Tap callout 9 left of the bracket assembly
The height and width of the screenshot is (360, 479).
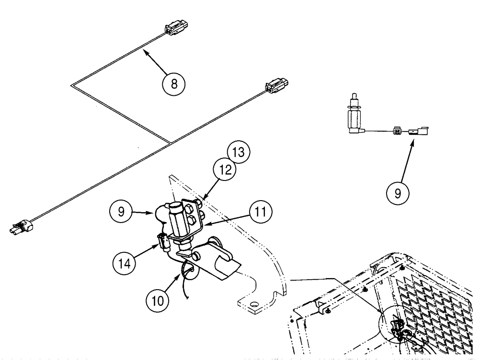(122, 211)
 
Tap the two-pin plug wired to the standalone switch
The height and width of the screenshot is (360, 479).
(398, 129)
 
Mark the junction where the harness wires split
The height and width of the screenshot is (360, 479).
(171, 142)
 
